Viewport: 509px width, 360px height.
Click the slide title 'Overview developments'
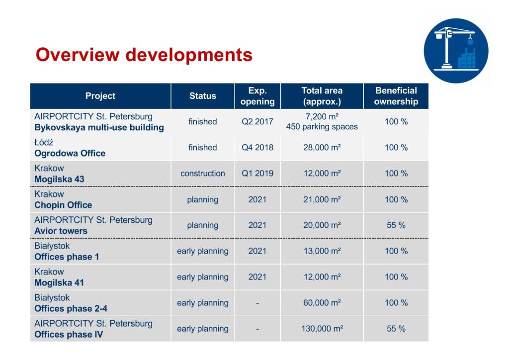click(x=144, y=54)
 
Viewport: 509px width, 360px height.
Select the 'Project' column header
click(x=100, y=96)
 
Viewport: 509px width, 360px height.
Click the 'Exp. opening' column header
click(x=257, y=96)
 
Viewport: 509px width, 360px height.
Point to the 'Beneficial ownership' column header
click(x=396, y=96)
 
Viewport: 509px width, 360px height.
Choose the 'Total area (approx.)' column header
click(x=322, y=96)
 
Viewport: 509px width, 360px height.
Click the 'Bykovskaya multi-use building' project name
click(x=99, y=127)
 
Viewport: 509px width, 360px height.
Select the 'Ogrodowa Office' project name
click(x=70, y=153)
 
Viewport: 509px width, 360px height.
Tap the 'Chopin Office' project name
click(x=63, y=205)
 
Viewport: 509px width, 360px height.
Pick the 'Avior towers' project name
click(x=61, y=231)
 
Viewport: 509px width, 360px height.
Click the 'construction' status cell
click(x=202, y=174)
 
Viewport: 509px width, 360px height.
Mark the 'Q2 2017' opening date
click(x=257, y=121)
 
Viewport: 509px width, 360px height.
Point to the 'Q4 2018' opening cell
click(x=257, y=148)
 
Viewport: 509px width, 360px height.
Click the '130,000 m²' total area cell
click(x=322, y=329)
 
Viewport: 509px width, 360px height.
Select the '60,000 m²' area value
click(x=322, y=303)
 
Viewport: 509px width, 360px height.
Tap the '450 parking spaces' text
click(x=322, y=127)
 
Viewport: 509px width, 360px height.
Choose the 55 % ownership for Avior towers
click(x=396, y=225)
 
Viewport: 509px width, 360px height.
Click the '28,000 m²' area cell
click(x=322, y=148)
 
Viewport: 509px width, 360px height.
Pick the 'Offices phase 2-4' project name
click(x=71, y=308)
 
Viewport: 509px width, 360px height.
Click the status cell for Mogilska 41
click(x=202, y=277)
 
